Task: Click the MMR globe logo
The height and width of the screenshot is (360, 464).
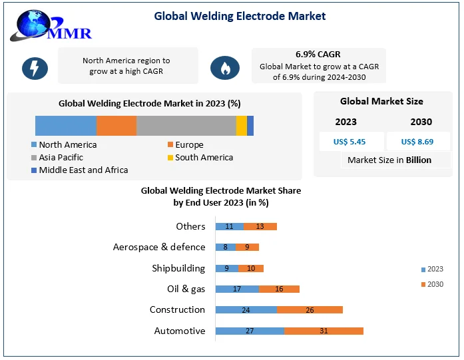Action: point(50,25)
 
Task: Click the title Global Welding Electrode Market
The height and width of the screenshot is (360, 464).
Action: point(240,15)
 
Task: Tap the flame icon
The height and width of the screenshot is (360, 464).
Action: point(225,67)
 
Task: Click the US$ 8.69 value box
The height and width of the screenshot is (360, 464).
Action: point(417,142)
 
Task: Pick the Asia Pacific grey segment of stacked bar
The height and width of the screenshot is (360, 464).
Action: point(186,126)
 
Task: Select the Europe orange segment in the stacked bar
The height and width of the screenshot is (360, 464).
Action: point(116,126)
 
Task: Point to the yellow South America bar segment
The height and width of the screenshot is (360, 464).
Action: point(241,126)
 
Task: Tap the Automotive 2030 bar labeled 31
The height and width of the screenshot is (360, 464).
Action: point(324,331)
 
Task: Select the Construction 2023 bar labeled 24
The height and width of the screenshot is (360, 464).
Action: point(246,310)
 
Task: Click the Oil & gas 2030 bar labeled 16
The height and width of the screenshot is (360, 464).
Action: point(279,289)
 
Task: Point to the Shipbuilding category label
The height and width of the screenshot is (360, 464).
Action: point(178,268)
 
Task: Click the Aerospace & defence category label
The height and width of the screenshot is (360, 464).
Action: point(159,247)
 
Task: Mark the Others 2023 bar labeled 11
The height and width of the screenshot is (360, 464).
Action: point(229,226)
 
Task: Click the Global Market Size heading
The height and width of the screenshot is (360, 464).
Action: point(381,102)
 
